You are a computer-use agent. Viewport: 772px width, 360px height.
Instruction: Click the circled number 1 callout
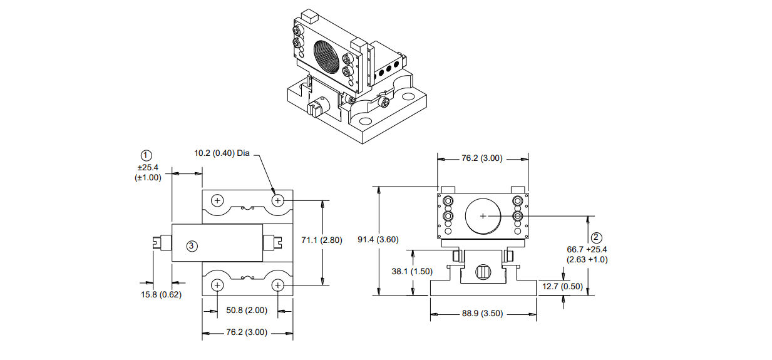146,155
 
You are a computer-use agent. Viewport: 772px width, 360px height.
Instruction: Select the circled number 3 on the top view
192,246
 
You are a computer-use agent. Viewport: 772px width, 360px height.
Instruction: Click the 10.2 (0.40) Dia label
222,153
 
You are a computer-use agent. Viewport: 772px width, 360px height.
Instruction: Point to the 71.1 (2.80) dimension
322,240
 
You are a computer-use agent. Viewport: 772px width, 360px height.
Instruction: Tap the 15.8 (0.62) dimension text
160,294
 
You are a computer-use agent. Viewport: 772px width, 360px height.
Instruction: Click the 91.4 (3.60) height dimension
378,239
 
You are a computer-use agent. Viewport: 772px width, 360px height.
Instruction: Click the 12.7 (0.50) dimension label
563,287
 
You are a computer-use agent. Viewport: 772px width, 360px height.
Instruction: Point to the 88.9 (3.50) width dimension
482,314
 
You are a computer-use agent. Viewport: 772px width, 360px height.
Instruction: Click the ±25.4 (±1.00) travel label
148,172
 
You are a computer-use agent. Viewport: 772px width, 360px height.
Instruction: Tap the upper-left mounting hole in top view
217,201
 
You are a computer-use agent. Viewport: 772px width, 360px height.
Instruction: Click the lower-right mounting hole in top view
278,285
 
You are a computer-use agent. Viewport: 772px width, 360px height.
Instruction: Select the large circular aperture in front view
483,216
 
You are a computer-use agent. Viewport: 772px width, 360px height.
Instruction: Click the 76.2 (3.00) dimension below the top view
247,332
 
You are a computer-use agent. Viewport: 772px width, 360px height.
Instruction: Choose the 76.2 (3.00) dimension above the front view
482,158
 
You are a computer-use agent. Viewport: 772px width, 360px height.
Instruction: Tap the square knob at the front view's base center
482,272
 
